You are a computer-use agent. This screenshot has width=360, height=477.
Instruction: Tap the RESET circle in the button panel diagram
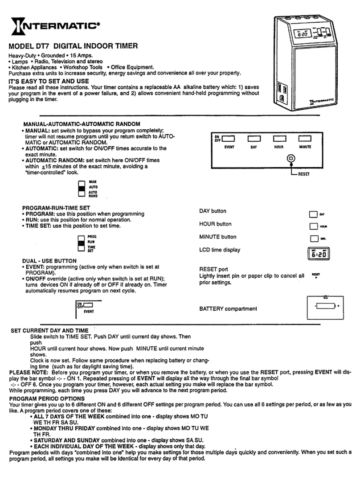click(x=290, y=158)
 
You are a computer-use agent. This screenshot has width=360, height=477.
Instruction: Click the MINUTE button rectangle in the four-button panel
click(x=305, y=139)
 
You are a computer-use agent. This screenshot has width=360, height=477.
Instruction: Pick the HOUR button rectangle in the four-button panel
click(x=279, y=139)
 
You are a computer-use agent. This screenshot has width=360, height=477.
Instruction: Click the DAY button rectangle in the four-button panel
click(x=254, y=139)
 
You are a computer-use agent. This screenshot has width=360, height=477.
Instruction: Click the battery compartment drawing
click(x=324, y=306)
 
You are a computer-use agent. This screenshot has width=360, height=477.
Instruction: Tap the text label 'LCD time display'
click(x=220, y=250)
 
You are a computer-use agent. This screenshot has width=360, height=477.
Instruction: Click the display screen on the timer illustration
click(x=299, y=34)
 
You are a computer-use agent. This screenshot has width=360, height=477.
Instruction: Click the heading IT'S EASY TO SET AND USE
click(x=49, y=81)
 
